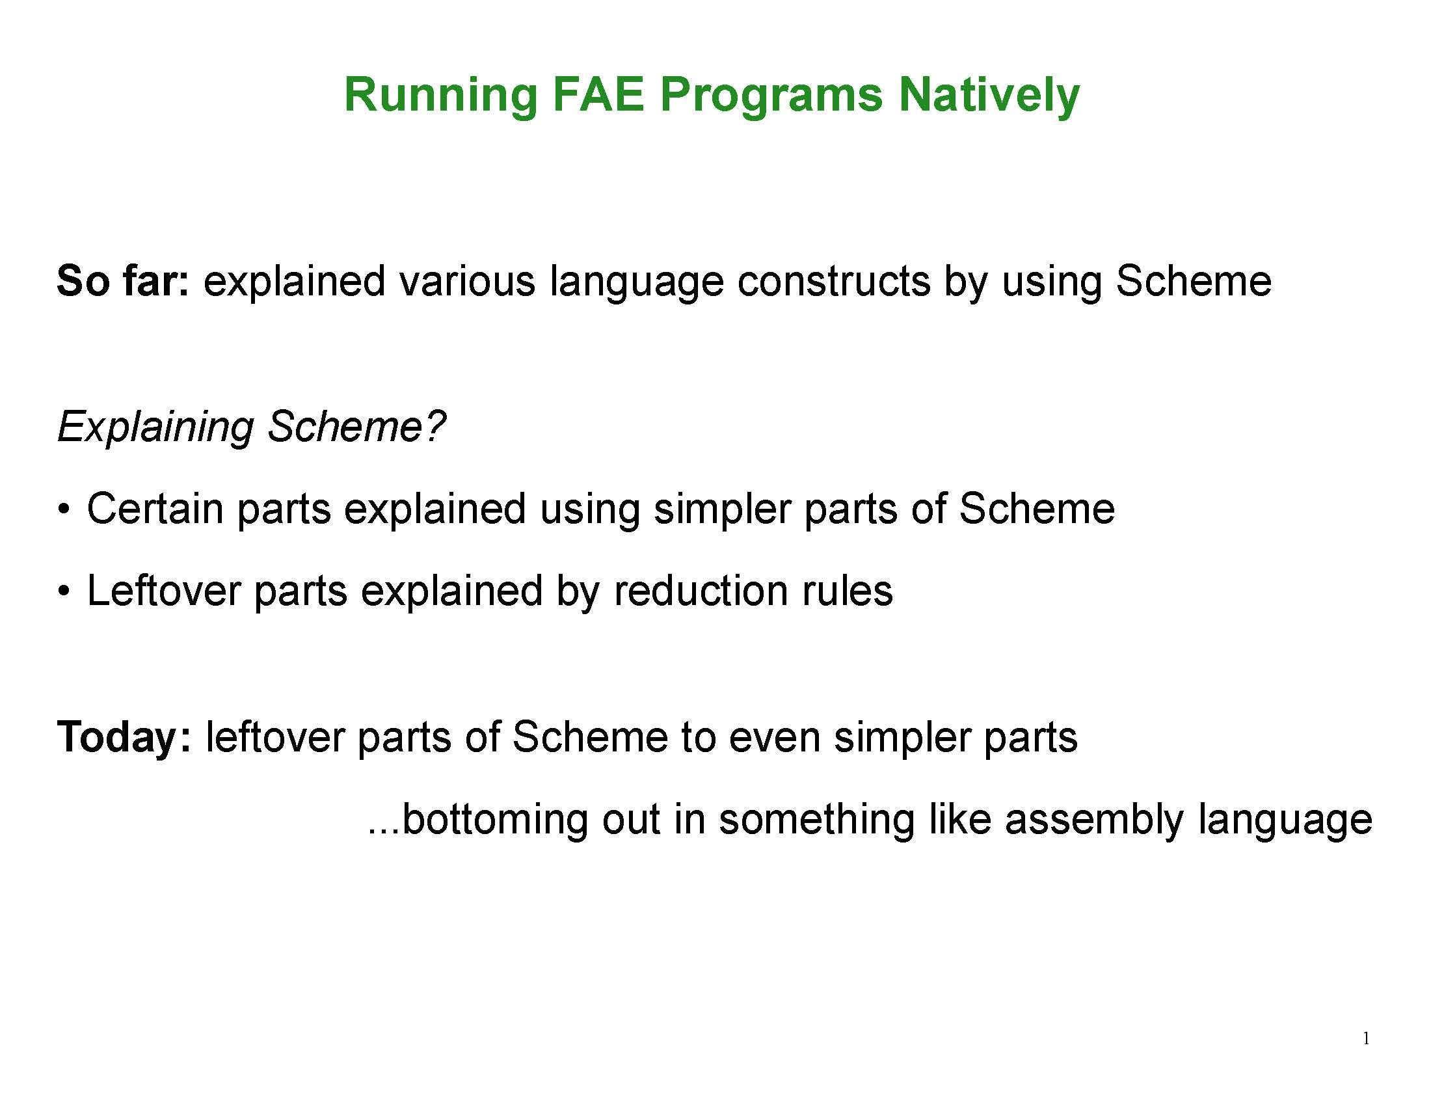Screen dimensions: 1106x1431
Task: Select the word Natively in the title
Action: (989, 96)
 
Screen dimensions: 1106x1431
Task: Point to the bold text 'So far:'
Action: (122, 281)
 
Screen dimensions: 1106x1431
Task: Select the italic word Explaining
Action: (155, 427)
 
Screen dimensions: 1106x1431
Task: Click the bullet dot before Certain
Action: (63, 510)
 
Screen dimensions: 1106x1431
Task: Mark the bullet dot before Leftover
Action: (63, 591)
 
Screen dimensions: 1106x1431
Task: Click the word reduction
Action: (700, 591)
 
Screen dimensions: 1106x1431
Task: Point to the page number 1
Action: (1365, 1038)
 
